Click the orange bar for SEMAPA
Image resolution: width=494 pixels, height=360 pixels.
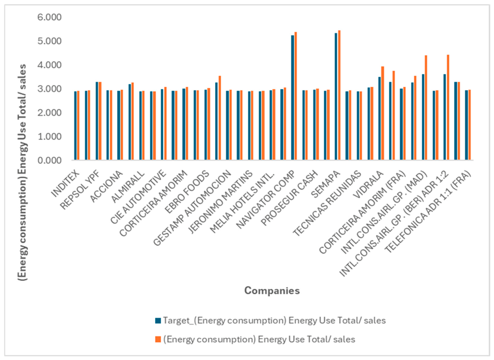339,95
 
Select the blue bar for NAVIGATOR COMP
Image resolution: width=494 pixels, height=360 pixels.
292,98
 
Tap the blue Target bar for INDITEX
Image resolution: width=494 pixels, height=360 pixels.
75,126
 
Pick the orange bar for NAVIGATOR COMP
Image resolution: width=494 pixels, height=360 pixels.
296,96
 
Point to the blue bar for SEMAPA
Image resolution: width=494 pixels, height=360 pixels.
336,96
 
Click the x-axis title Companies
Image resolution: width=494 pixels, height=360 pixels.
272,290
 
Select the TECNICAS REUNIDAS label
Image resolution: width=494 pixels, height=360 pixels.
327,203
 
